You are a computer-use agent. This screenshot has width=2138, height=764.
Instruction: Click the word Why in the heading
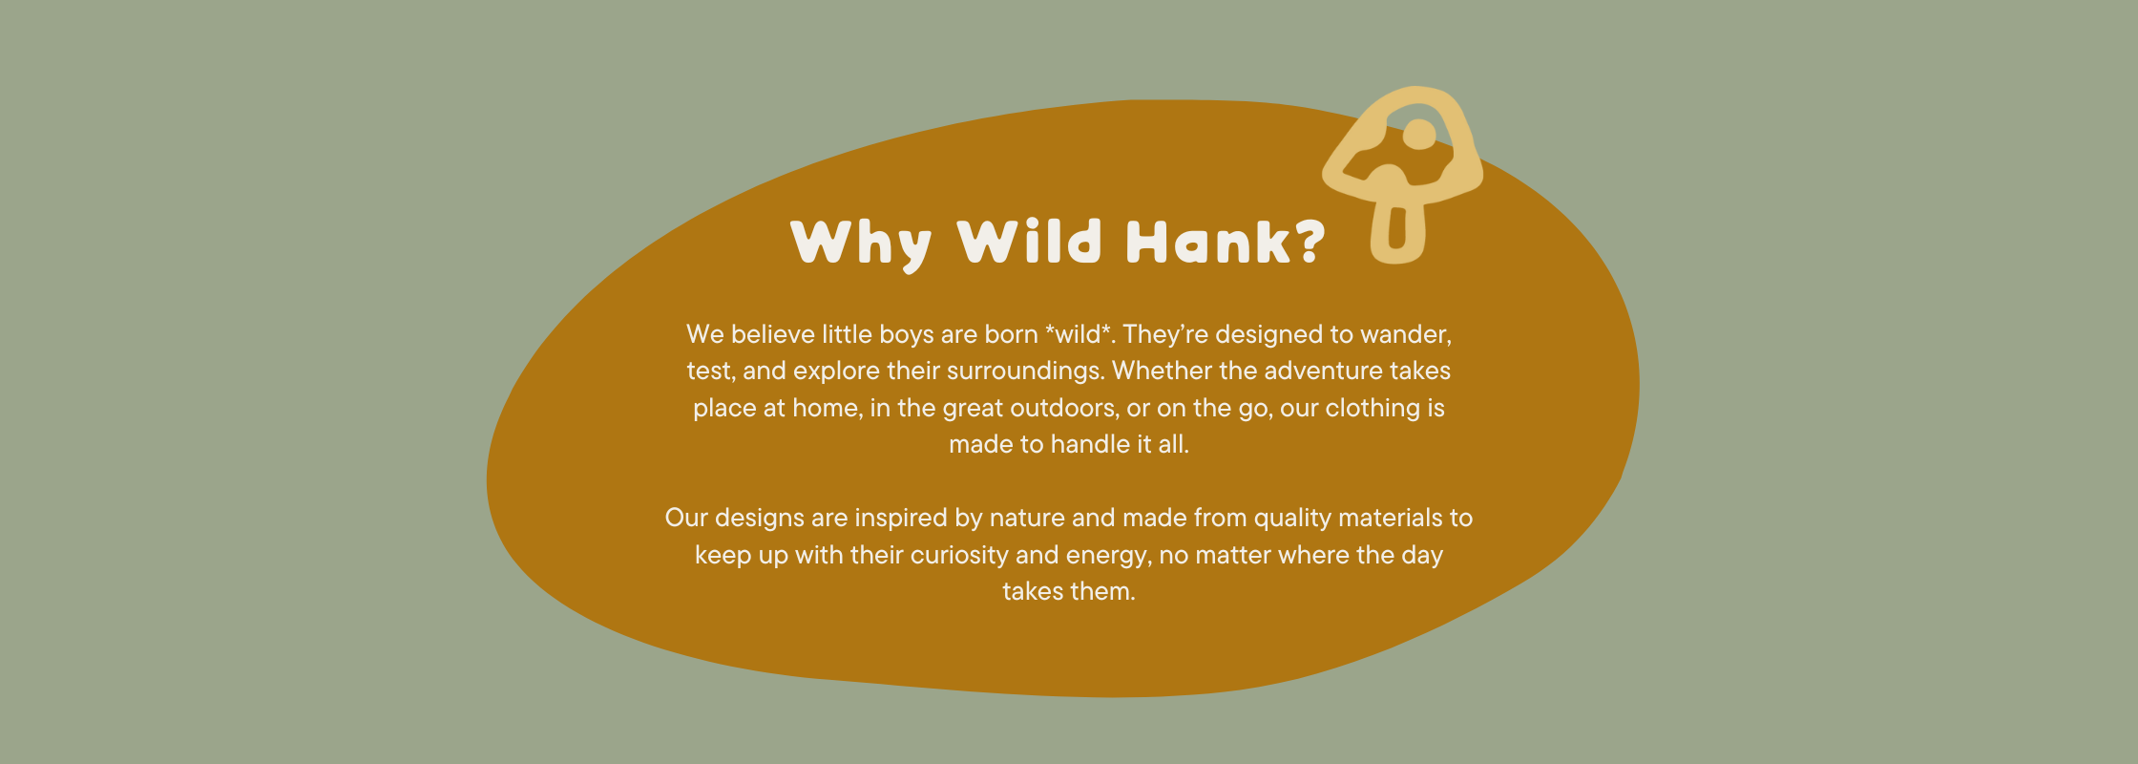[861, 244]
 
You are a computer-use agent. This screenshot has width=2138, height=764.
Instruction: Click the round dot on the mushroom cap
[1419, 134]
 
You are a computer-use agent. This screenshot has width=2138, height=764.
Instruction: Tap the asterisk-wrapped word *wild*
[1079, 334]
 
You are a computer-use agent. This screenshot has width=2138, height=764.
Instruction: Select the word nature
[1027, 519]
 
